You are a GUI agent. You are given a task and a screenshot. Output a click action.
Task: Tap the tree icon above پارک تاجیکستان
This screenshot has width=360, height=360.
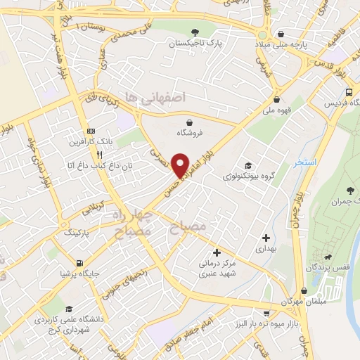click(195, 31)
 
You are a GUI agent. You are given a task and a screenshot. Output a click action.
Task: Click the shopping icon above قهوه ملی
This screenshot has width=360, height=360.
click(277, 99)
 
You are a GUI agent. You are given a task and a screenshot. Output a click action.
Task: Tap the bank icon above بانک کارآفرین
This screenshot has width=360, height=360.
click(91, 131)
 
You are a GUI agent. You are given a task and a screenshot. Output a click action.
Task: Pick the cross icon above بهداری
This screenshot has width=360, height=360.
click(264, 238)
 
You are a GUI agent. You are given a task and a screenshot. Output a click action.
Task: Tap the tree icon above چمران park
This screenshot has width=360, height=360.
click(350, 191)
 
